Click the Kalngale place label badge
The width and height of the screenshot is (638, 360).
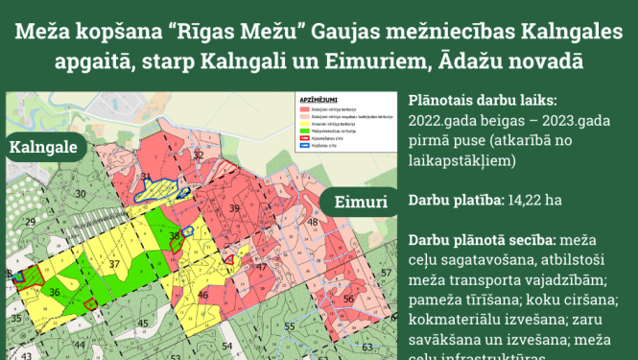click(x=45, y=151)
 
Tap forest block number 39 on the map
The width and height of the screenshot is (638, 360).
click(x=233, y=208)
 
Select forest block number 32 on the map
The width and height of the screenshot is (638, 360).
click(x=199, y=155)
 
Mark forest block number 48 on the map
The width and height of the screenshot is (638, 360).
click(x=313, y=223)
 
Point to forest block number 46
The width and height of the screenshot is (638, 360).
click(x=203, y=299)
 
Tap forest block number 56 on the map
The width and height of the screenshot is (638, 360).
click(x=348, y=299)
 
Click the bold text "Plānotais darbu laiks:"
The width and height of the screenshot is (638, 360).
click(x=481, y=100)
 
